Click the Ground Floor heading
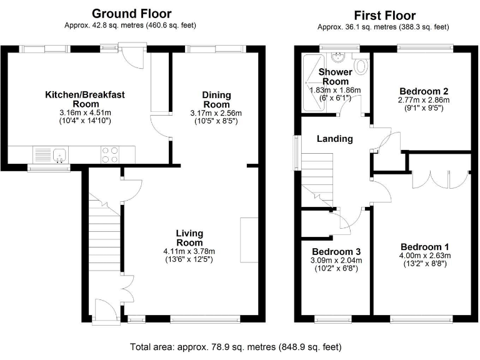click(132, 13)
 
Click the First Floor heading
click(384, 15)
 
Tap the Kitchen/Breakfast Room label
click(85, 99)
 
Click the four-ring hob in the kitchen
click(110, 154)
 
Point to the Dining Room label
click(216, 99)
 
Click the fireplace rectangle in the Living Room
click(249, 240)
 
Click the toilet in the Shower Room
click(361, 65)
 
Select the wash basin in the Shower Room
click(337, 59)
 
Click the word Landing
click(334, 139)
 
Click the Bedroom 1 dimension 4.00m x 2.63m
click(425, 255)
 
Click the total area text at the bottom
click(236, 347)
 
